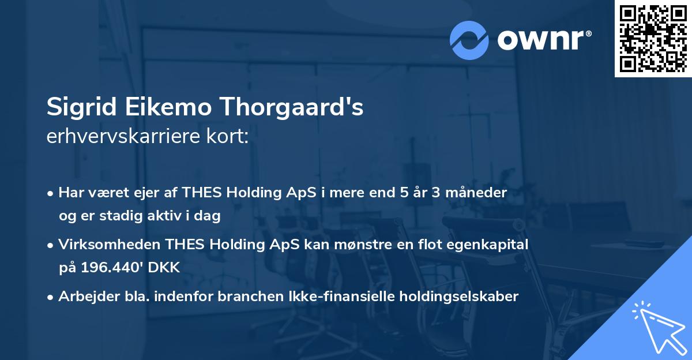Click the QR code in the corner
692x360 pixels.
tap(653, 38)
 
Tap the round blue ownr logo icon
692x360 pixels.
tap(469, 39)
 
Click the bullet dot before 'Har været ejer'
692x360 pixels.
tap(51, 193)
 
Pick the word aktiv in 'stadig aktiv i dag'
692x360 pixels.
tap(172, 216)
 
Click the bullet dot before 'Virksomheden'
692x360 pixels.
tap(51, 245)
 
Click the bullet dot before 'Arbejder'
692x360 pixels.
tap(51, 297)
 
